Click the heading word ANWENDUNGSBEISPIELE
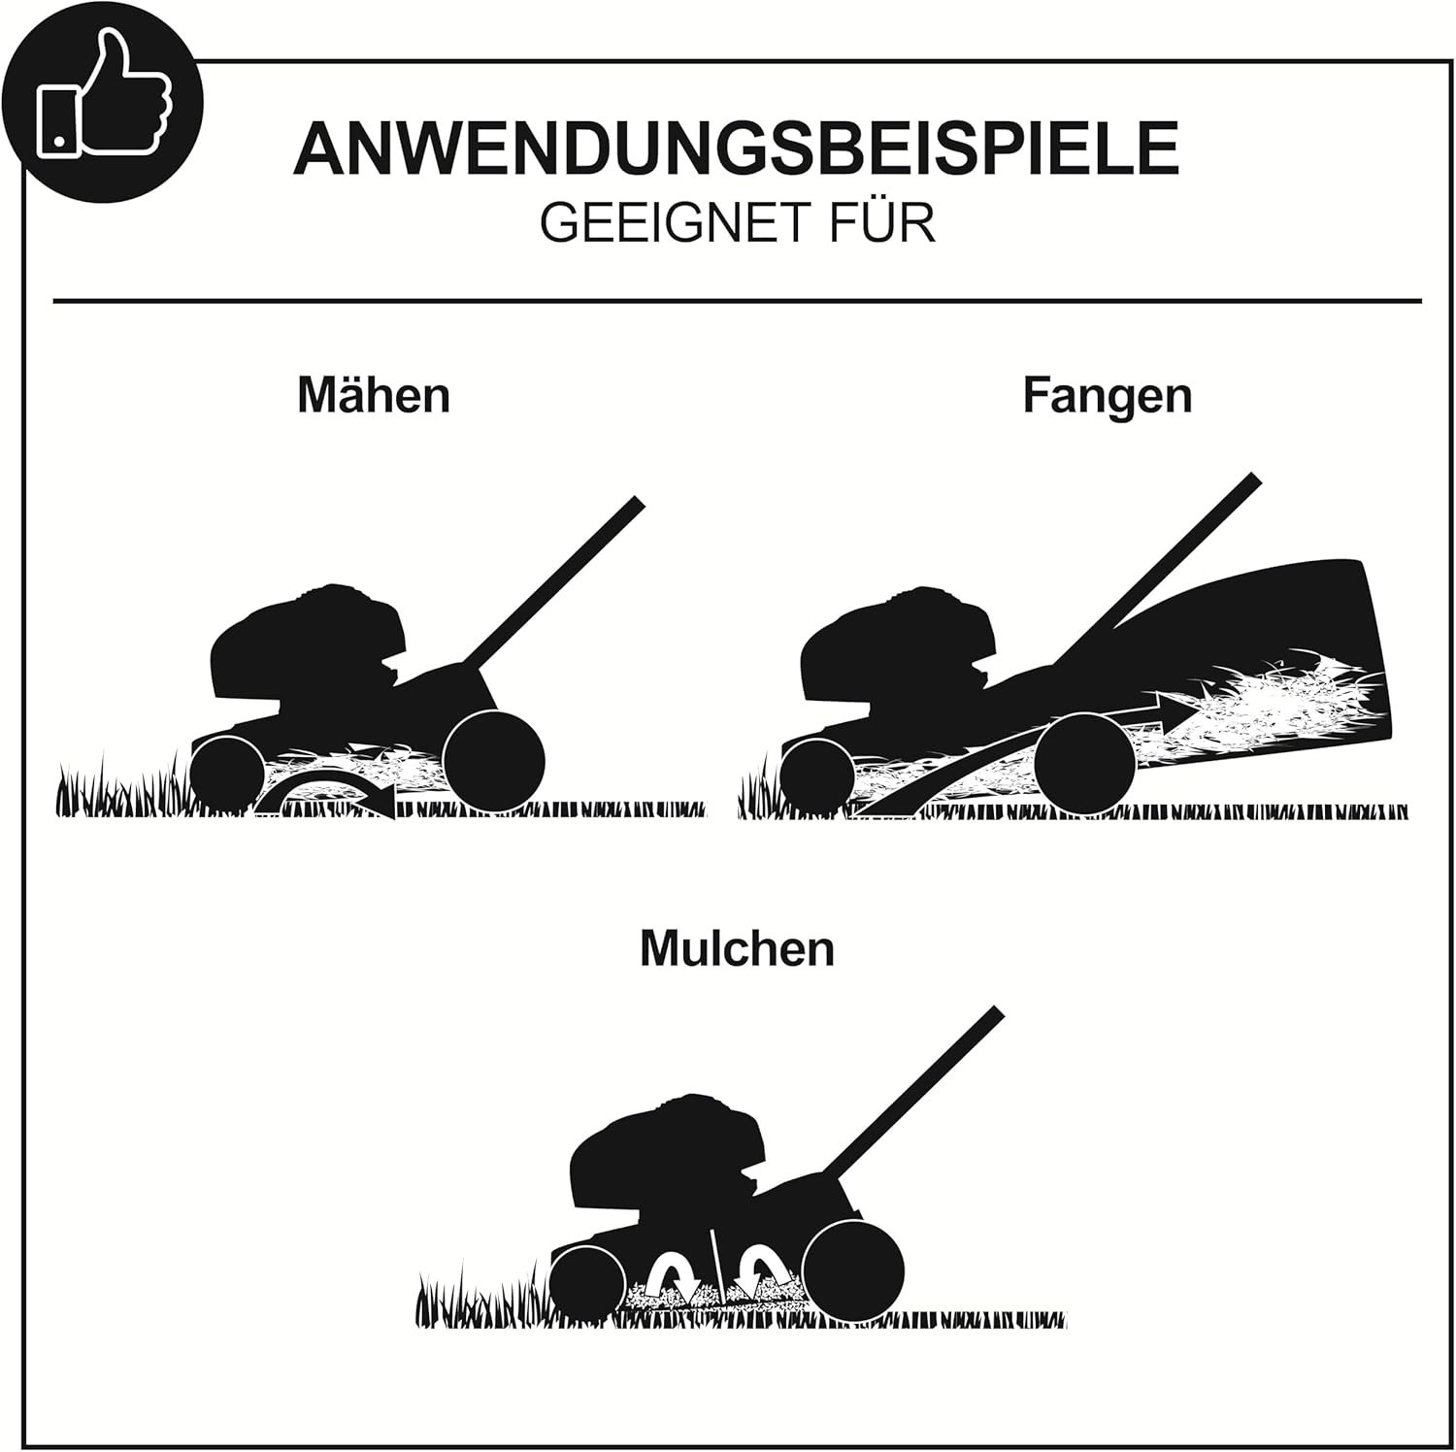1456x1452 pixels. tap(736, 148)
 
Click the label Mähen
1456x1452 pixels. tap(374, 396)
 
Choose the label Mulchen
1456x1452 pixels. tap(737, 948)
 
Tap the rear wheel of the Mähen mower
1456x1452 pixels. tap(493, 758)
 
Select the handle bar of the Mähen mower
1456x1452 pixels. tap(553, 582)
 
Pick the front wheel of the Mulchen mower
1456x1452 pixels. tap(588, 1283)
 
